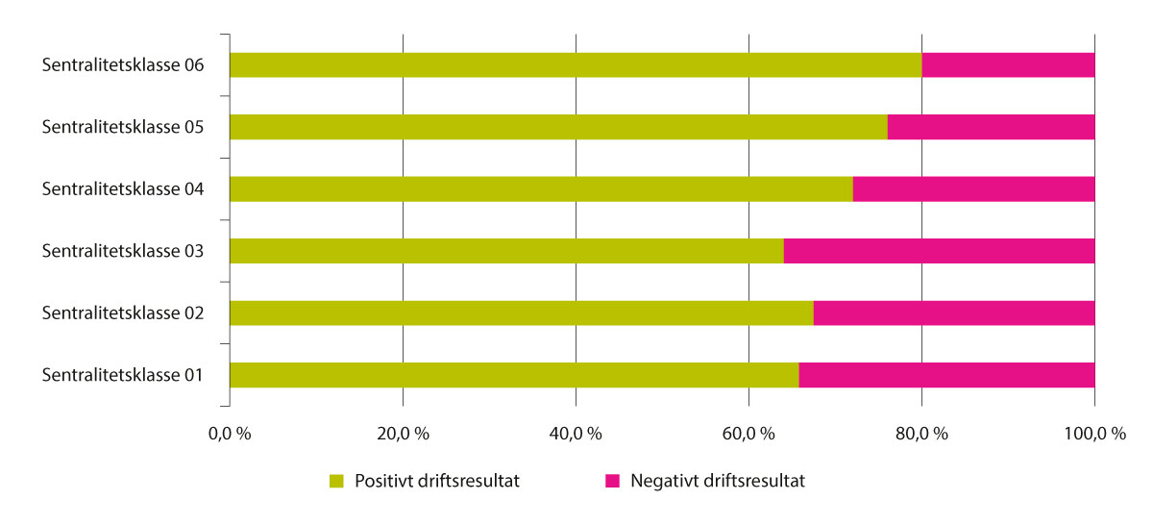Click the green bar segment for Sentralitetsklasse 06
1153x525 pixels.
coord(576,65)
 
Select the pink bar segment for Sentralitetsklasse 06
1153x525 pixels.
coord(1008,65)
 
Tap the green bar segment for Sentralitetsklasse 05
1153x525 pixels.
coord(558,127)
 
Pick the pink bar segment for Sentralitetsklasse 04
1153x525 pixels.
coord(973,189)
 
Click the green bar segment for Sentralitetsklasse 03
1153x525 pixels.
coord(506,251)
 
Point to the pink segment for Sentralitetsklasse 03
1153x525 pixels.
coord(939,251)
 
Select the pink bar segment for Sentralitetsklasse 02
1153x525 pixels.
coord(954,313)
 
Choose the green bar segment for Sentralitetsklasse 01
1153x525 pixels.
coord(514,375)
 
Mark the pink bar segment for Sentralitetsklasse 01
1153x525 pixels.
coord(946,375)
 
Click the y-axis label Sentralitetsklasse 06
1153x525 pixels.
coord(122,65)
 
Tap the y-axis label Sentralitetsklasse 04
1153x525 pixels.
coord(122,189)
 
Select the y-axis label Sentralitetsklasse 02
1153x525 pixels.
coord(122,313)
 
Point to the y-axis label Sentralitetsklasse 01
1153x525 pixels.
coord(122,375)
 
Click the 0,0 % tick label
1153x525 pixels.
coord(230,434)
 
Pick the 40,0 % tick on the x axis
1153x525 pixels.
coord(576,434)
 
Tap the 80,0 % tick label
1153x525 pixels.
coord(921,434)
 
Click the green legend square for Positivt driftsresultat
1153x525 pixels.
coord(336,481)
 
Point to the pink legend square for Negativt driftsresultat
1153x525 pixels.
coord(612,481)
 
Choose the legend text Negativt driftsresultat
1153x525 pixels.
coord(718,481)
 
